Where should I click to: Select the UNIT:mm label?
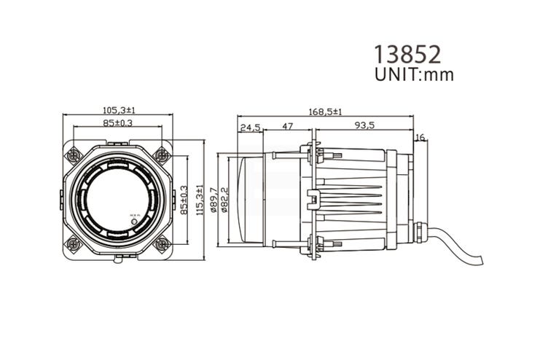[x=413, y=74]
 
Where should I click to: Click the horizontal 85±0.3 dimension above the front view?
[x=117, y=123]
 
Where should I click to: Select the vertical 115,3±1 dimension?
[x=200, y=199]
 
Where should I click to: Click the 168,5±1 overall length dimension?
[x=325, y=111]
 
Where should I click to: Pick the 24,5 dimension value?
[x=250, y=127]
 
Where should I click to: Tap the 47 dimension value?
[x=287, y=126]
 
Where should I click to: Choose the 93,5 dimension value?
[x=364, y=126]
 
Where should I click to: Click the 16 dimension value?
[x=420, y=138]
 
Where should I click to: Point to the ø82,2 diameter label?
[x=224, y=199]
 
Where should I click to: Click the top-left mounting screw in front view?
[x=74, y=155]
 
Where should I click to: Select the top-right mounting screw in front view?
[x=162, y=155]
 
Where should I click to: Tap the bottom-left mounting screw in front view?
[x=74, y=243]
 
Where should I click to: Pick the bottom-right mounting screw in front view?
[x=162, y=243]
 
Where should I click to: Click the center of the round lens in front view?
[x=117, y=199]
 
